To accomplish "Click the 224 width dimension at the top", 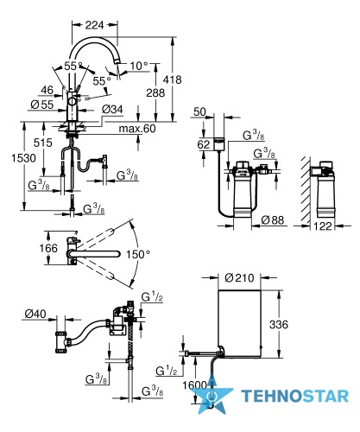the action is point(94,25).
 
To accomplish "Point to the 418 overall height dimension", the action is point(172,79).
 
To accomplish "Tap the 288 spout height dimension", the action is point(155,92).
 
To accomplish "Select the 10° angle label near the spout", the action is point(139,66).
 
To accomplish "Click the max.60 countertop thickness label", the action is point(137,129).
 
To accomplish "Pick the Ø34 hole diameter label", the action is point(112,110).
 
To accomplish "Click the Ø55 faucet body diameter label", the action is point(42,105).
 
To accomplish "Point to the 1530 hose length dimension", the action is point(23,158).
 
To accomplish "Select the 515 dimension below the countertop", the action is point(43,143).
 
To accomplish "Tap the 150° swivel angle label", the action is point(138,254).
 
